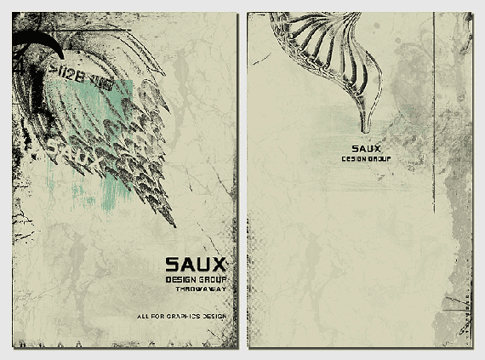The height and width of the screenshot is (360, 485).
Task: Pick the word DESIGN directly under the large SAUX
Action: point(181,280)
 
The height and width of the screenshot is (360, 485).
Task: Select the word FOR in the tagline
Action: point(158,317)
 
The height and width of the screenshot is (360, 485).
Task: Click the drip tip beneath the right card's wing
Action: point(365,128)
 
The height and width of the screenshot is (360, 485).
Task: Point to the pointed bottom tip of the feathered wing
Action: point(174,225)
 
